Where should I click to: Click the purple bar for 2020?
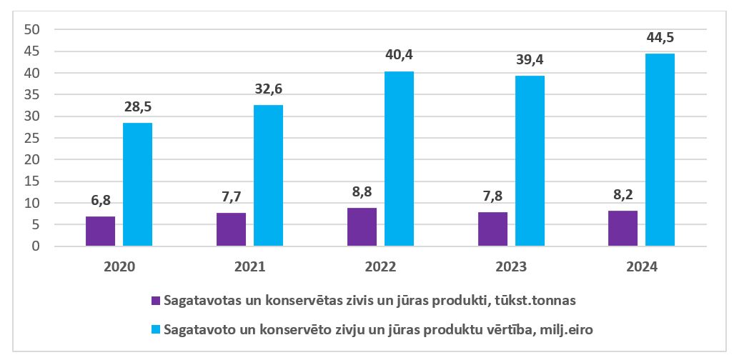coord(100,231)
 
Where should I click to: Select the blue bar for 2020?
coord(137,184)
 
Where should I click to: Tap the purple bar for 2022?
coord(362,227)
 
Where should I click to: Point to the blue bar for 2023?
coord(530,161)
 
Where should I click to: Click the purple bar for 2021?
coord(231,229)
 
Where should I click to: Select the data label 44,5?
coord(660,38)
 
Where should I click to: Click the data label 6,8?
coord(100,201)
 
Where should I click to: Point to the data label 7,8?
coord(492,196)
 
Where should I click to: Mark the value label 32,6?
coord(268,89)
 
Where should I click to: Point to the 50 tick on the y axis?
coord(32,30)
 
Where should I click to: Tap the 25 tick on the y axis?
coord(32,139)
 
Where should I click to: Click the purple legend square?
coord(156,300)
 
